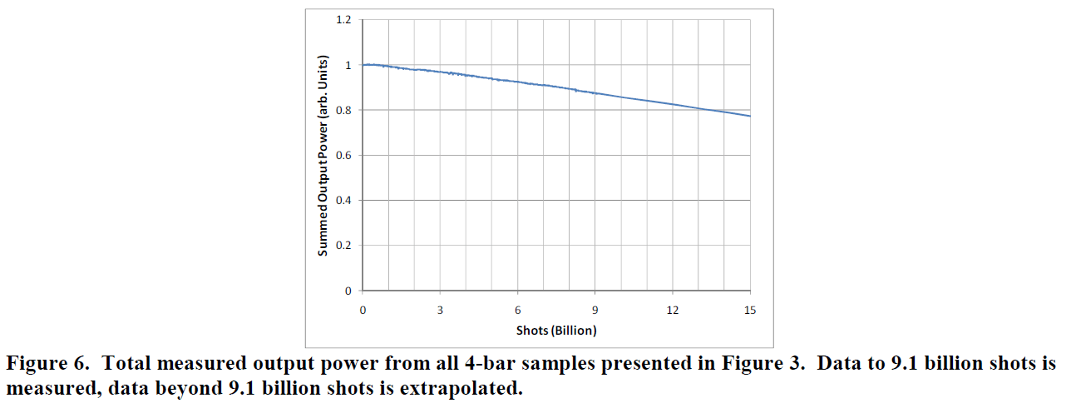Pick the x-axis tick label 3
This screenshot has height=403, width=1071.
point(440,311)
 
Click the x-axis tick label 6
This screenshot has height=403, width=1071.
point(517,311)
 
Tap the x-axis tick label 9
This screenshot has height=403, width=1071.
point(595,311)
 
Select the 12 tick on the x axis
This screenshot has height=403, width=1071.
point(673,311)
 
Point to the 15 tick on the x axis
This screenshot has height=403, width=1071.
point(750,311)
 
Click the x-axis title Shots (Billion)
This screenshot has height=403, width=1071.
point(556,331)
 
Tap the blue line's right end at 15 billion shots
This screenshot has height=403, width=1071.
point(750,116)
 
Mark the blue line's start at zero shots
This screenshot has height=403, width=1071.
point(363,65)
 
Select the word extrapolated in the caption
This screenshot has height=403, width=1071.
point(466,389)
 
